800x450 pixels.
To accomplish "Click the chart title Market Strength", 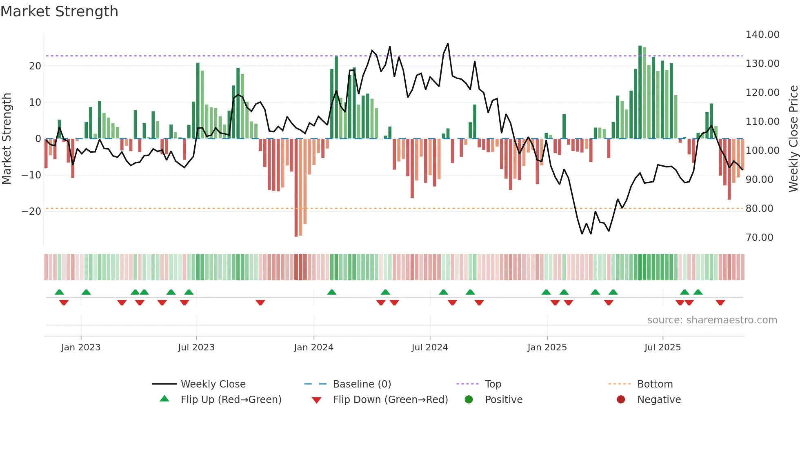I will [x=59, y=11].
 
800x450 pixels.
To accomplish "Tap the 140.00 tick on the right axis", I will [x=762, y=35].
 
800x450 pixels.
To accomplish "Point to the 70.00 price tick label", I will [x=759, y=238].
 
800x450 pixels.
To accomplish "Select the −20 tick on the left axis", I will [x=31, y=212].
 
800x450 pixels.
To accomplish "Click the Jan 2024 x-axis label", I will [x=313, y=348].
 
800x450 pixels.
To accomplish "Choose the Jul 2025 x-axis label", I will [x=662, y=348].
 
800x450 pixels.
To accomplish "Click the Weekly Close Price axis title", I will [x=793, y=139].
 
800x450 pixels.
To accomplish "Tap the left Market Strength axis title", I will [x=7, y=139].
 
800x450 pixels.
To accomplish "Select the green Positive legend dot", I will [x=469, y=400].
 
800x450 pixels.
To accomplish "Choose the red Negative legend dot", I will [x=621, y=400].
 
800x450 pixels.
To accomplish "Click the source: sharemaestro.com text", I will [x=712, y=320].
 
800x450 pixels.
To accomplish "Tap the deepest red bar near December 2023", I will [x=296, y=188].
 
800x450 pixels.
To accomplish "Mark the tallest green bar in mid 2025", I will [x=640, y=92].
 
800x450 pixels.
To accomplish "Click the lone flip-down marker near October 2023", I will [x=260, y=303].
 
